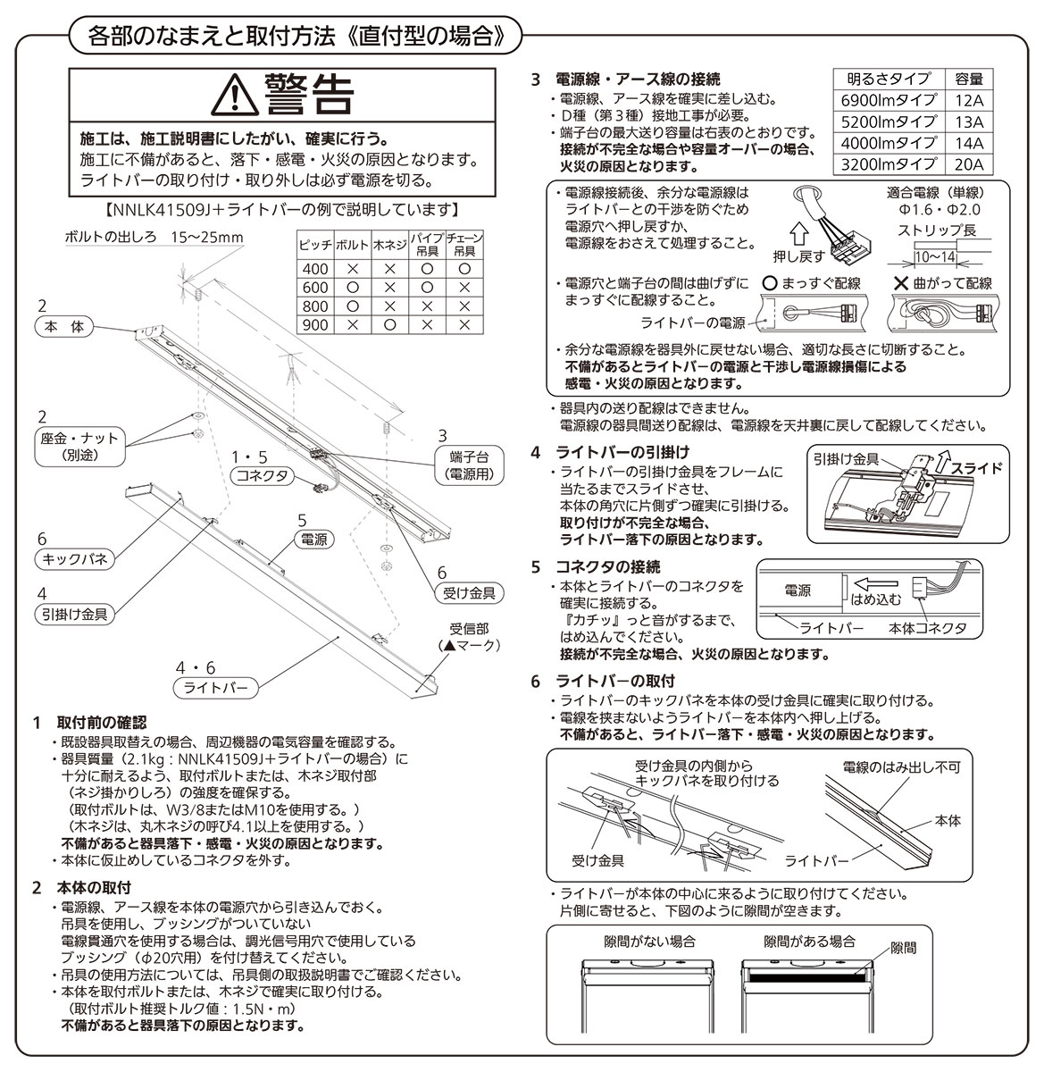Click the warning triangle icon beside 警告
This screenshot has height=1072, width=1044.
point(235,95)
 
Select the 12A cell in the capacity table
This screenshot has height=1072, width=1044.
point(969,100)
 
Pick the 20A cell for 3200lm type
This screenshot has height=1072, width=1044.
point(969,164)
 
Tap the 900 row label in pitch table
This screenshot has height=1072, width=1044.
point(315,324)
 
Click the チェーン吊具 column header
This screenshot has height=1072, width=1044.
point(464,245)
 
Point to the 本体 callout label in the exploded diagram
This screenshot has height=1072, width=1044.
point(64,327)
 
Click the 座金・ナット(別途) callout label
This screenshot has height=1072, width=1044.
point(79,447)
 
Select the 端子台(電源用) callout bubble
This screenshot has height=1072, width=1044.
point(469,465)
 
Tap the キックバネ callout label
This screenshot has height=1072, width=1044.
point(75,559)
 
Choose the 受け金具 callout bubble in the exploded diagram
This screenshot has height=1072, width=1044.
point(469,593)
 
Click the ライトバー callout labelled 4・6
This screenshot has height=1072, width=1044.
point(215,688)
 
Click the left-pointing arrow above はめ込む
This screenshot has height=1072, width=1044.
point(875,584)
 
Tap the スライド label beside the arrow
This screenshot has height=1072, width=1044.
point(977,469)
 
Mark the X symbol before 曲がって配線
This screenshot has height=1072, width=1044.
point(901,283)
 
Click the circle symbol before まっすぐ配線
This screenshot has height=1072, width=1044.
point(771,283)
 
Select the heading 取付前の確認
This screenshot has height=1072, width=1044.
point(102,723)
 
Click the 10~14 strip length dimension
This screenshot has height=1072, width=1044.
point(934,257)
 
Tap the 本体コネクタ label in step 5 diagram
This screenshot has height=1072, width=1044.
point(928,628)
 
